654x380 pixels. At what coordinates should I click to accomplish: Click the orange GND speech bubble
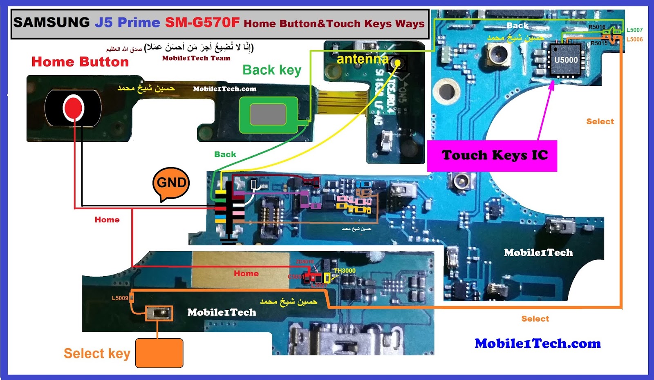[x=171, y=183]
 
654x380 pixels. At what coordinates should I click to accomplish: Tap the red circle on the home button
[x=73, y=107]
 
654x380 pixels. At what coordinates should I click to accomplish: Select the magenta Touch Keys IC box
[x=492, y=156]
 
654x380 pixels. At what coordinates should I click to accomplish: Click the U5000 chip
[x=566, y=60]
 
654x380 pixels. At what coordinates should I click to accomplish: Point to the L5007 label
[x=634, y=30]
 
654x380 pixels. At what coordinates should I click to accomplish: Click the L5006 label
[x=634, y=39]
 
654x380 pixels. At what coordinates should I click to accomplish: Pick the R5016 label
[x=597, y=27]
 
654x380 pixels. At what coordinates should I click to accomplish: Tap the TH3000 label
[x=345, y=270]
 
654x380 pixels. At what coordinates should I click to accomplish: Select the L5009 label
[x=120, y=298]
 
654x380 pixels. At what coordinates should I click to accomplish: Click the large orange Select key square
[x=159, y=353]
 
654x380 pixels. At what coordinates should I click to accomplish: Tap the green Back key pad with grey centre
[x=268, y=115]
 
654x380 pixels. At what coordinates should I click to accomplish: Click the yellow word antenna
[x=362, y=59]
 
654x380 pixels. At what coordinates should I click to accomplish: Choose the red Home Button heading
[x=80, y=62]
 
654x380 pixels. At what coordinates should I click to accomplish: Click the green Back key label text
[x=272, y=70]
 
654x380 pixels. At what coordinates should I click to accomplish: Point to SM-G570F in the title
[x=202, y=22]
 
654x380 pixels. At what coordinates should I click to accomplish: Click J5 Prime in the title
[x=127, y=22]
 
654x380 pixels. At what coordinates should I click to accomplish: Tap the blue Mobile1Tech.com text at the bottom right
[x=538, y=344]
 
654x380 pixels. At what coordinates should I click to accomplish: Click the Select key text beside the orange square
[x=97, y=353]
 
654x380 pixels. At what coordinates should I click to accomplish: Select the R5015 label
[x=599, y=43]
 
